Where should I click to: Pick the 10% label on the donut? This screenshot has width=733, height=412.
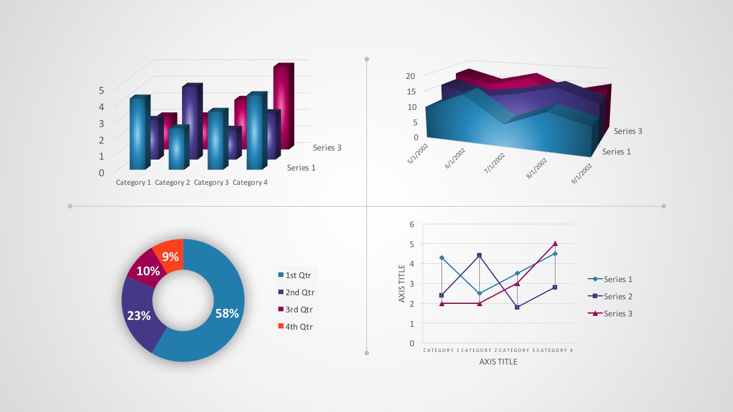click(148, 271)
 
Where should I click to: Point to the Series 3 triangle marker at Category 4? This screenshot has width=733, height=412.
click(555, 244)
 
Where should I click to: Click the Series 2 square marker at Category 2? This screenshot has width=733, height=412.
click(479, 255)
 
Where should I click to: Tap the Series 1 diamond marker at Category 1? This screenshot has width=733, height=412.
click(442, 258)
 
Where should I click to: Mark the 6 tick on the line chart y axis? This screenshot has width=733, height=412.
click(412, 224)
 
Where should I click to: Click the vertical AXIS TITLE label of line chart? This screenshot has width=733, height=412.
click(402, 283)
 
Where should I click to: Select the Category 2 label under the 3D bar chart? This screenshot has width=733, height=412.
click(172, 183)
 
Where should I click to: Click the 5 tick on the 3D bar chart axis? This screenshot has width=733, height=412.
click(101, 90)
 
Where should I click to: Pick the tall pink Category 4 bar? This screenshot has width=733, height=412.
click(283, 106)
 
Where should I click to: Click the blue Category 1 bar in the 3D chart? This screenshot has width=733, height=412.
click(138, 133)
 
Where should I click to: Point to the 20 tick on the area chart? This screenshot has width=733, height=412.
click(411, 76)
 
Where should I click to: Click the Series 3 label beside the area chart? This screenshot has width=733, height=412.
click(628, 131)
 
